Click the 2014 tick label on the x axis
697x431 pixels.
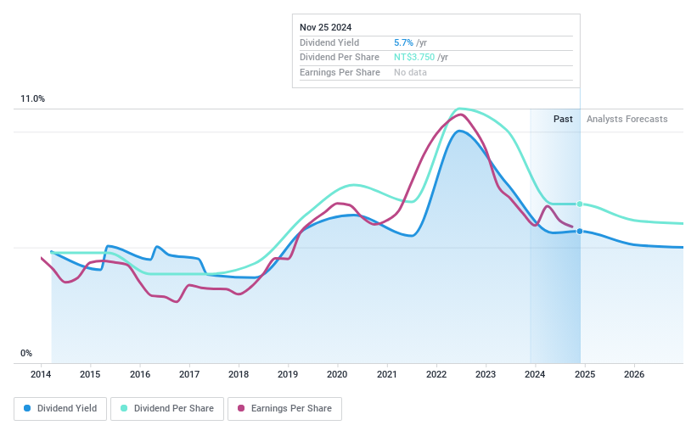(41, 374)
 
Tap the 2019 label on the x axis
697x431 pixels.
(288, 374)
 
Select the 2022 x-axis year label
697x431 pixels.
(436, 374)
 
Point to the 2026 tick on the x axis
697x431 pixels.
(634, 374)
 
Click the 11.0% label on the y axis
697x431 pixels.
(32, 99)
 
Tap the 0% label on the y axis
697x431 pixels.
(26, 353)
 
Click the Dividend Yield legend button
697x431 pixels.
(61, 409)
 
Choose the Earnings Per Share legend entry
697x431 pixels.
(284, 409)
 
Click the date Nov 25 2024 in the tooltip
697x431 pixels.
(327, 26)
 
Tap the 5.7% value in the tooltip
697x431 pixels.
(403, 42)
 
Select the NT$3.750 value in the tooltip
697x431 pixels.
(415, 57)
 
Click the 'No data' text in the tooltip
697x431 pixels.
(410, 72)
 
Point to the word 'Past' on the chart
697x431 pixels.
(563, 119)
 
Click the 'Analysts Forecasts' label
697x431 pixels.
(627, 119)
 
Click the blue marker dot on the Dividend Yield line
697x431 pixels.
(580, 231)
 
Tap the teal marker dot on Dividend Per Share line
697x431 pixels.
(580, 204)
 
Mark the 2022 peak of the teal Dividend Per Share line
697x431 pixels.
(459, 109)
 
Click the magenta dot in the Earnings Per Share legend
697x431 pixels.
(241, 409)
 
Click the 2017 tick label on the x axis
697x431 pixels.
(189, 374)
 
